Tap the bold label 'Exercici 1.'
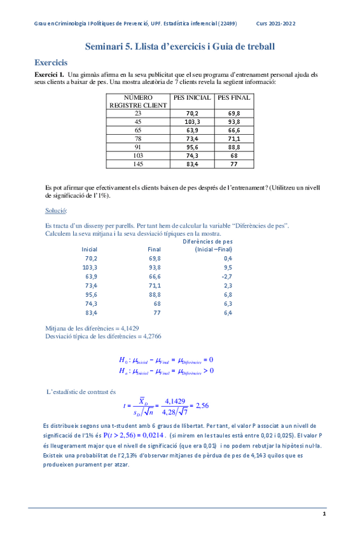(x=49, y=74)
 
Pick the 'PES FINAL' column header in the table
(x=233, y=98)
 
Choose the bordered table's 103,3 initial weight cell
(x=192, y=122)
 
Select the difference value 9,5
(x=228, y=268)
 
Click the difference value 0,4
(x=228, y=259)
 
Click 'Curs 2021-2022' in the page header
(x=275, y=24)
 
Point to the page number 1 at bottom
(x=324, y=514)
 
